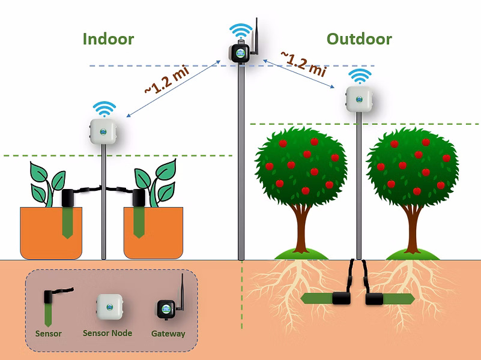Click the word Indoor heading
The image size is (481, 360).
pos(108,40)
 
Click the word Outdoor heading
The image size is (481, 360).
pos(359,40)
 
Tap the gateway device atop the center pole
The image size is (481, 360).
pos(240,52)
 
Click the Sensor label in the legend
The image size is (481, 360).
pos(49,334)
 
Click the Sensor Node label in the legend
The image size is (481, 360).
pos(107,333)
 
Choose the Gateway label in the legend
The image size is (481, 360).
pos(168,334)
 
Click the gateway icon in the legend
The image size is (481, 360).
pos(168,307)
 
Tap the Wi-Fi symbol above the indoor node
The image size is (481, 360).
pos(104,109)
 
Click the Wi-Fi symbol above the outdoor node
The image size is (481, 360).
pos(360,76)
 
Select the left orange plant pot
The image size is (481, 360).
pos(51,233)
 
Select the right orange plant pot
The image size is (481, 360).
pos(153,233)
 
